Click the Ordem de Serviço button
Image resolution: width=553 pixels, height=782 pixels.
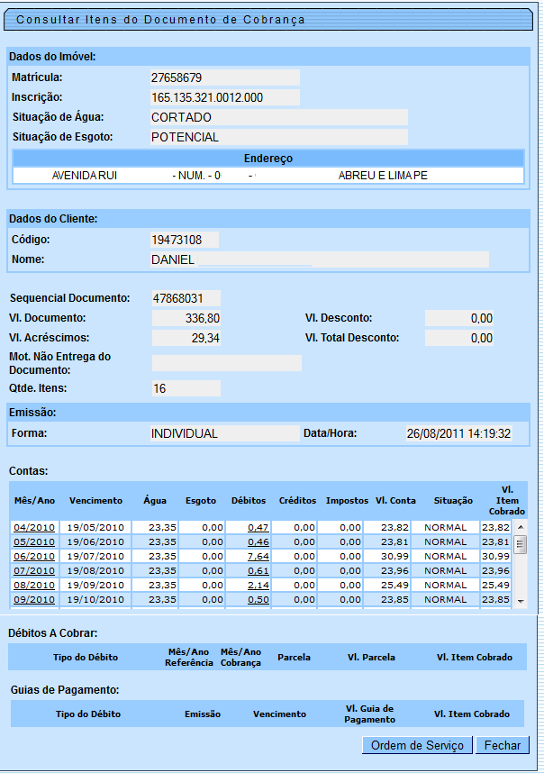pyautogui.click(x=417, y=745)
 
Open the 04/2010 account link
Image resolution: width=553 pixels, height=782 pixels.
pyautogui.click(x=33, y=527)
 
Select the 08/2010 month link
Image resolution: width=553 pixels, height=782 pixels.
pyautogui.click(x=33, y=585)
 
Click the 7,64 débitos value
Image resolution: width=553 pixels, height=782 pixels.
pyautogui.click(x=258, y=556)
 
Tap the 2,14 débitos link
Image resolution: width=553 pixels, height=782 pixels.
pyautogui.click(x=258, y=585)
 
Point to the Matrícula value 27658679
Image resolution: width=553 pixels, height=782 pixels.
pyautogui.click(x=224, y=77)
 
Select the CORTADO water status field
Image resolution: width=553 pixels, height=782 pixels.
pyautogui.click(x=278, y=117)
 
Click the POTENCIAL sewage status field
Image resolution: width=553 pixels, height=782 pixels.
pyautogui.click(x=278, y=137)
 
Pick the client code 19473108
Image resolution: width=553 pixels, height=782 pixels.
pyautogui.click(x=185, y=240)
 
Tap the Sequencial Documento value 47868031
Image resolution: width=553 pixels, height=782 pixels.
pyautogui.click(x=186, y=297)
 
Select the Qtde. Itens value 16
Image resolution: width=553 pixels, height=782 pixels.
pyautogui.click(x=186, y=388)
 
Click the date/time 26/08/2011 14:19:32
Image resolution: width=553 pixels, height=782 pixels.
pyautogui.click(x=458, y=433)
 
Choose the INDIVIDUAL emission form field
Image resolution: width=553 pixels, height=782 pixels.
pyautogui.click(x=224, y=433)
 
